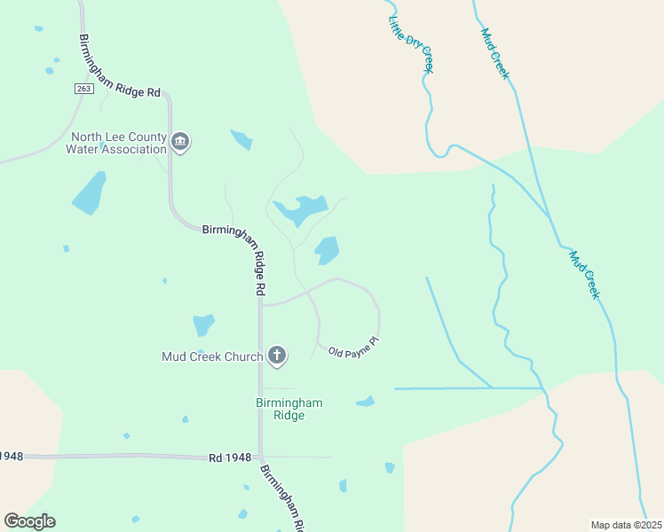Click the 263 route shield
[x=83, y=89]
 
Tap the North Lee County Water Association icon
[x=181, y=142]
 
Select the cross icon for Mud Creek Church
[x=277, y=356]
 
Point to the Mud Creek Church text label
[x=212, y=357]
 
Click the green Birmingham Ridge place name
[x=289, y=409]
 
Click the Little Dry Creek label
[x=411, y=43]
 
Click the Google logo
[x=29, y=521]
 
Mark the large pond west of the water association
[x=89, y=193]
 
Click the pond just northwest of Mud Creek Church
[x=204, y=325]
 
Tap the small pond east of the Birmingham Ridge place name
[x=366, y=402]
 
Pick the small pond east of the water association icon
[x=241, y=139]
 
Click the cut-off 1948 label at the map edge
[x=11, y=456]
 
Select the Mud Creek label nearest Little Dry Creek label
[x=494, y=54]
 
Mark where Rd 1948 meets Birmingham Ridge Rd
[x=261, y=458]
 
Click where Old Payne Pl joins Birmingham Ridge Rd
[x=261, y=305]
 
